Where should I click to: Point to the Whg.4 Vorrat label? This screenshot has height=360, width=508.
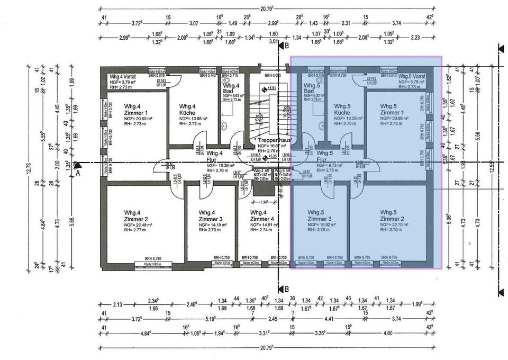click(122, 76)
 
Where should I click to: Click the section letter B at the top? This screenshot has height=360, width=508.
click(287, 47)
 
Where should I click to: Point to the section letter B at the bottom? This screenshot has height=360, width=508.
click(287, 289)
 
